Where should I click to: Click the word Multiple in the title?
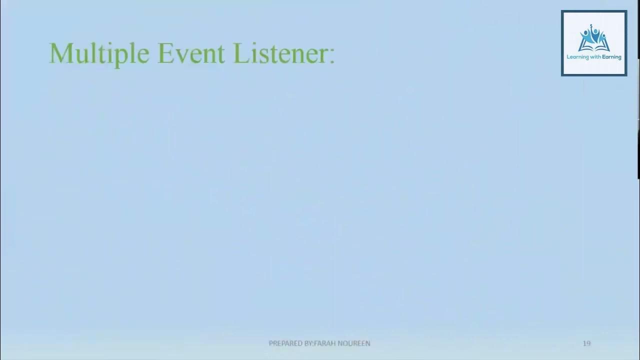coord(99,53)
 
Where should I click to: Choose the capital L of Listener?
coord(241,53)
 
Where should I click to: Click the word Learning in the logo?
coord(577,57)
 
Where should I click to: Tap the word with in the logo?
coord(595,57)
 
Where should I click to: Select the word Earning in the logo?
coord(611,57)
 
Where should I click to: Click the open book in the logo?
coord(594,47)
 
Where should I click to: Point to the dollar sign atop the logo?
coord(591,25)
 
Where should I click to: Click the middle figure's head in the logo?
coord(595,31)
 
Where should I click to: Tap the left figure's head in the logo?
coord(585,32)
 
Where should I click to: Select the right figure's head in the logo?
coord(603,35)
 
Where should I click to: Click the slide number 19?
coord(586,343)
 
